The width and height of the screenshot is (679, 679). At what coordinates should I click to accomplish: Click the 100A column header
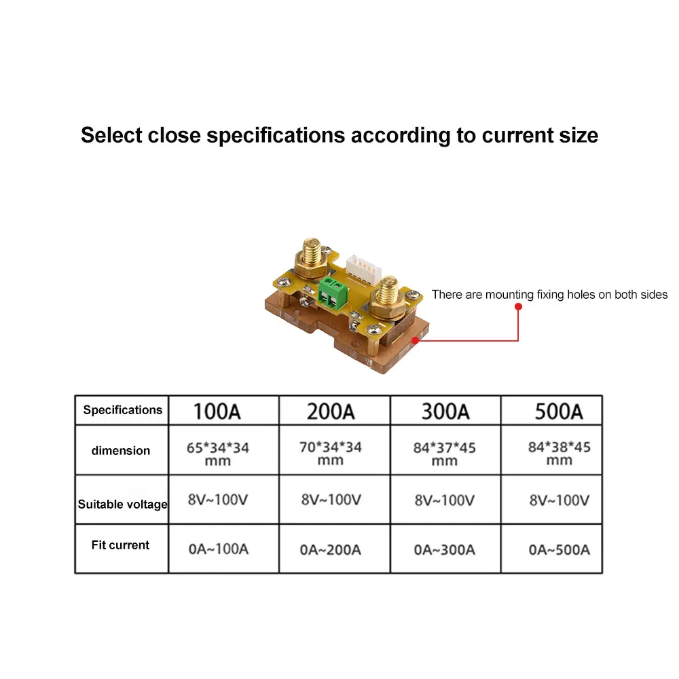tap(217, 411)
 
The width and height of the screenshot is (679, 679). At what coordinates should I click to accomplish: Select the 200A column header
tap(331, 411)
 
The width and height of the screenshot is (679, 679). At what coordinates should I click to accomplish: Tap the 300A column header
tap(445, 411)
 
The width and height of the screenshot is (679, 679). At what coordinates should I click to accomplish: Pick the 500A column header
tap(559, 411)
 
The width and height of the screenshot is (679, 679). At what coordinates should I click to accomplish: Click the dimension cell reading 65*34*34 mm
tap(217, 454)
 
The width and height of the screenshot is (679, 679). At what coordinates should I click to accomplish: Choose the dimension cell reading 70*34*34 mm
tap(331, 453)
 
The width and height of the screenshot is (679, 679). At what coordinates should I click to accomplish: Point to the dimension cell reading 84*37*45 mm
tap(445, 454)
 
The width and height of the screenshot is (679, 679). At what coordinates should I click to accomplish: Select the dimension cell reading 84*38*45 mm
tap(559, 453)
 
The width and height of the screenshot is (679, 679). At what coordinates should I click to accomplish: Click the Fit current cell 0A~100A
tap(219, 549)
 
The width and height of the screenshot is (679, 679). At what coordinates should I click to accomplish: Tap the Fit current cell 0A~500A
tap(559, 549)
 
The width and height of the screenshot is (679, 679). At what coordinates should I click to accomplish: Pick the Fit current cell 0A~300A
tap(445, 549)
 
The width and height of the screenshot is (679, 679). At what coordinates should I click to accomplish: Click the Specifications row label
tap(123, 410)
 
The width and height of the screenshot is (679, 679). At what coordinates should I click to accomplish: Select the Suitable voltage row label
tap(123, 504)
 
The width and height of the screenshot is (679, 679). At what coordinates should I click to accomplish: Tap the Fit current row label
tap(120, 545)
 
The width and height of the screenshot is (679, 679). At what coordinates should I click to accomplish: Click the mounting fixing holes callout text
tap(549, 295)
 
